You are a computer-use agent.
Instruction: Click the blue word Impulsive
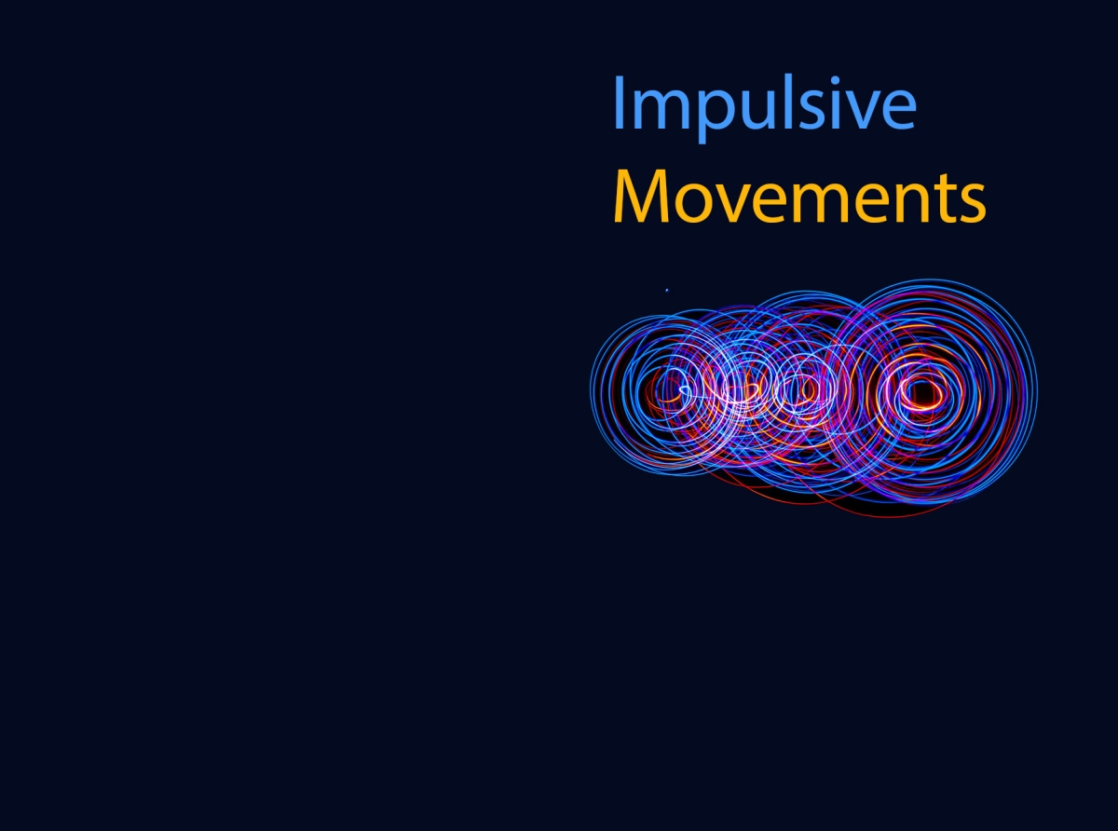tap(764, 104)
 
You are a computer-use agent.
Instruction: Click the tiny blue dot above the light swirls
tap(666, 290)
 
